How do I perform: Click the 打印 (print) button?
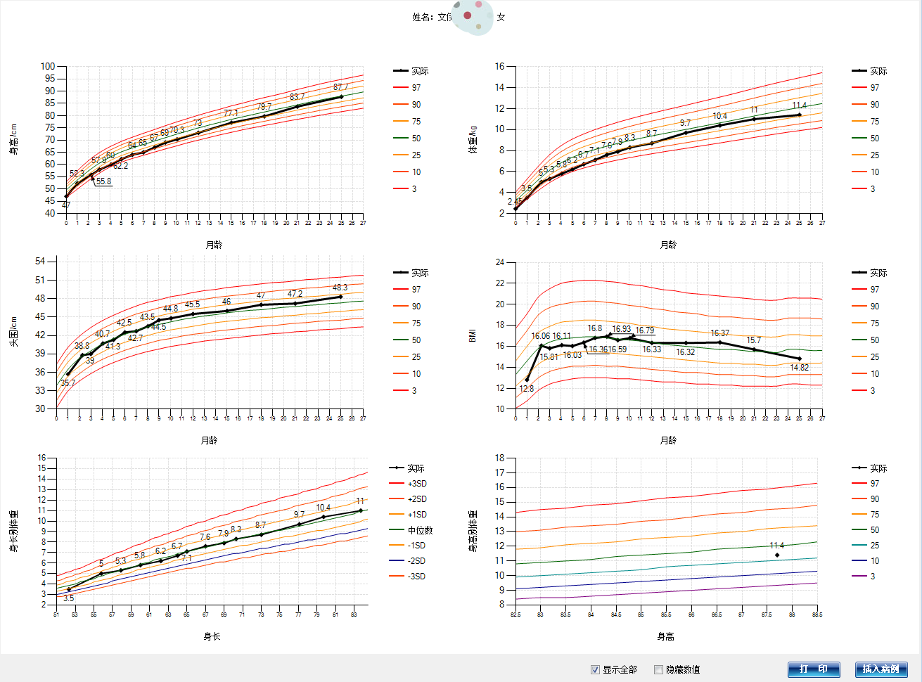tap(813, 669)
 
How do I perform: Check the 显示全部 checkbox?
tap(596, 669)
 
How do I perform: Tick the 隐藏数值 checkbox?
tap(659, 669)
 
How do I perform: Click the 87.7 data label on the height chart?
tap(341, 87)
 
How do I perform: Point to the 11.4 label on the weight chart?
tap(799, 105)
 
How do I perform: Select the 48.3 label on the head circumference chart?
tap(340, 288)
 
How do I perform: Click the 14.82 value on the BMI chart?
tap(799, 368)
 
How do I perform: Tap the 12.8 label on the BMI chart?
tap(526, 389)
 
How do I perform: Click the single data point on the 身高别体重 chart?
tap(777, 555)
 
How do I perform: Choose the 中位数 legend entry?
tap(420, 530)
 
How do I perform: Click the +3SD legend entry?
tap(417, 484)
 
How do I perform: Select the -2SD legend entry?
tap(416, 561)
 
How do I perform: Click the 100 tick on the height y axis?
tap(48, 66)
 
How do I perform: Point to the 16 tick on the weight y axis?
tap(500, 67)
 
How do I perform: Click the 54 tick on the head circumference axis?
tap(40, 262)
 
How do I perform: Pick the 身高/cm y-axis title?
tap(13, 139)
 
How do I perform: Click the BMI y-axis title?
tap(473, 335)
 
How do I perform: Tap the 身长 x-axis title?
tap(212, 636)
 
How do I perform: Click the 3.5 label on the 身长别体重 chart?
tap(68, 598)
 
